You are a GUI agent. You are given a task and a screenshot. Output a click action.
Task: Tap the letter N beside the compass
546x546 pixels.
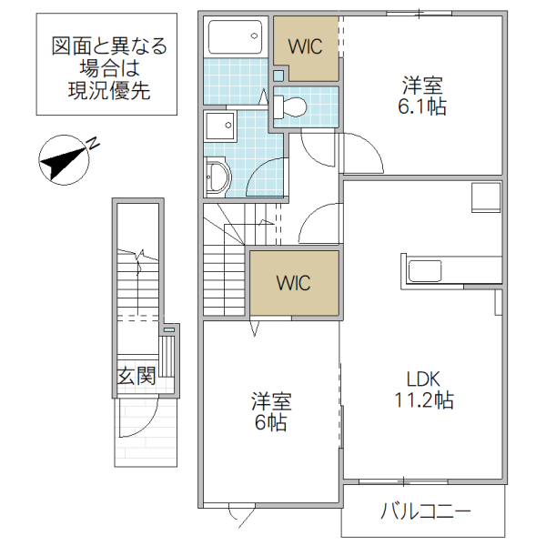[x=93, y=144]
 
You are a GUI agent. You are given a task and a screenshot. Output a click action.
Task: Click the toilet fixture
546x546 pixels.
[x=290, y=106]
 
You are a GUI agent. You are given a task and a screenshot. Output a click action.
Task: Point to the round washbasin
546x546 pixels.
[x=217, y=175]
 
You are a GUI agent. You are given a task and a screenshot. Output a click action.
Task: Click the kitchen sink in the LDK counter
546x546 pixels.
[x=426, y=270]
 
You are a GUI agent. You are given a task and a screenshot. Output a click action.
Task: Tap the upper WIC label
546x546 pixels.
[x=305, y=47]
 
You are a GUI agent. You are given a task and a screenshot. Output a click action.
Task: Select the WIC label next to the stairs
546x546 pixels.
[x=293, y=283]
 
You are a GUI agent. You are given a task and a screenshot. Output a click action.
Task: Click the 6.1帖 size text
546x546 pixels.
[x=424, y=106]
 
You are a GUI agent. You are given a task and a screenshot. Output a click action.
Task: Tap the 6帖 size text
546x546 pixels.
[x=272, y=423]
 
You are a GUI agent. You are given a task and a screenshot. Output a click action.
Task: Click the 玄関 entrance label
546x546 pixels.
[x=136, y=375]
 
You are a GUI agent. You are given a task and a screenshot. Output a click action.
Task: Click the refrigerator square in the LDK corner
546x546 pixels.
[x=485, y=197]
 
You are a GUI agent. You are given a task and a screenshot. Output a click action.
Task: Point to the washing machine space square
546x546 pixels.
[x=221, y=124]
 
